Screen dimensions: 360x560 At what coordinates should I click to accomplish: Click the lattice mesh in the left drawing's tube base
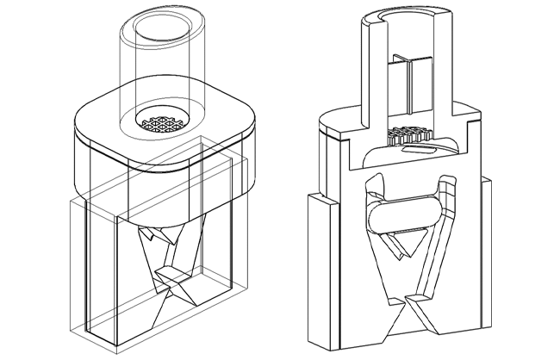click(x=161, y=124)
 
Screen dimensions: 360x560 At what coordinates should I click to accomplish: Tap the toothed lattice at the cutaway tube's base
click(x=411, y=136)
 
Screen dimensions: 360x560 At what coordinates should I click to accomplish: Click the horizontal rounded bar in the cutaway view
click(x=404, y=214)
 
